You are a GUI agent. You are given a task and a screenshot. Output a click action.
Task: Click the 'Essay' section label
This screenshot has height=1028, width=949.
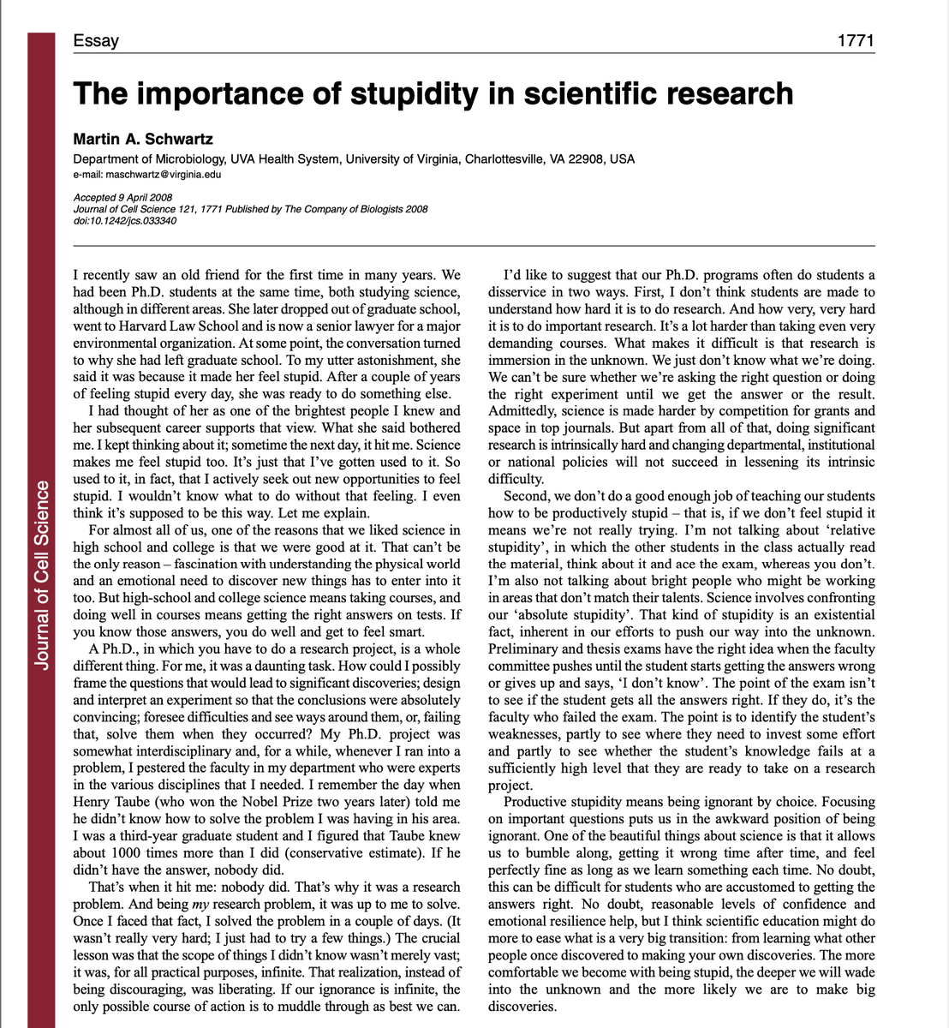[x=96, y=40]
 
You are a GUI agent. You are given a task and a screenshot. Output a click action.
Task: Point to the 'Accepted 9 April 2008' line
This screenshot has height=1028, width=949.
[x=123, y=199]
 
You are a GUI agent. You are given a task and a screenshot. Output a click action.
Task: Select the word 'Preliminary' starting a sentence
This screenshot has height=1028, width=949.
[x=523, y=648]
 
